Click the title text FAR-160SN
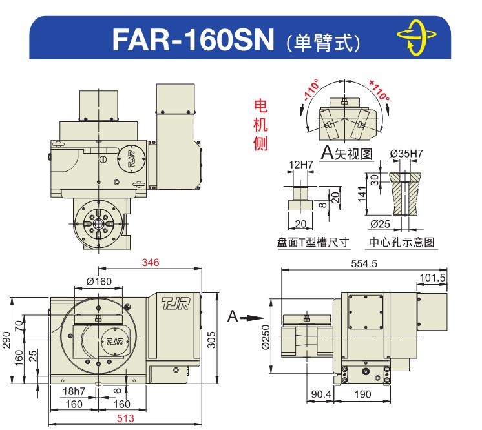pyautogui.click(x=193, y=39)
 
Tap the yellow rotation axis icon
pyautogui.click(x=416, y=37)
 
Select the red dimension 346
pyautogui.click(x=151, y=263)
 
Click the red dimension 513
pyautogui.click(x=125, y=418)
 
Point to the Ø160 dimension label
pyautogui.click(x=99, y=282)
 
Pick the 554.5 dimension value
pyautogui.click(x=364, y=264)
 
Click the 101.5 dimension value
pyautogui.click(x=432, y=278)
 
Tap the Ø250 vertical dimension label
pyautogui.click(x=266, y=337)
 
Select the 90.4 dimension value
pyautogui.click(x=321, y=394)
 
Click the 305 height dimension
pyautogui.click(x=211, y=340)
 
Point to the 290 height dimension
pyautogui.click(x=6, y=340)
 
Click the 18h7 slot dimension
pyautogui.click(x=74, y=391)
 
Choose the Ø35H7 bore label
pyautogui.click(x=406, y=153)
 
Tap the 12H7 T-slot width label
pyautogui.click(x=300, y=165)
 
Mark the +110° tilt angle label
pyautogui.click(x=380, y=90)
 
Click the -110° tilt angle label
pyautogui.click(x=311, y=90)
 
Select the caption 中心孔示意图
pyautogui.click(x=402, y=242)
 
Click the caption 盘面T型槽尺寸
pyautogui.click(x=313, y=242)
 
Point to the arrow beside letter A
pyautogui.click(x=251, y=318)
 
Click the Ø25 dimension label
pyautogui.click(x=381, y=224)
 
